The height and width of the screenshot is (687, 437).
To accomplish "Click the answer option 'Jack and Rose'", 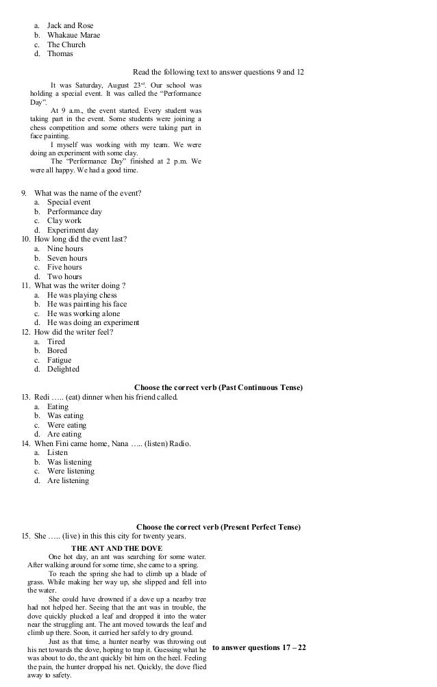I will click(70, 25).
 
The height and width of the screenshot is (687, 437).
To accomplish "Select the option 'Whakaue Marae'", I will click(73, 35).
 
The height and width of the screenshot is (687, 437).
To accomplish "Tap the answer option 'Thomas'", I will click(60, 53).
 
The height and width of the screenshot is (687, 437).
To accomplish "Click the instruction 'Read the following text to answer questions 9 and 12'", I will click(218, 72).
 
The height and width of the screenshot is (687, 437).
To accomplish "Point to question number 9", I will click(26, 194).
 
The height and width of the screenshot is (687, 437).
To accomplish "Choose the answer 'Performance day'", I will click(74, 212).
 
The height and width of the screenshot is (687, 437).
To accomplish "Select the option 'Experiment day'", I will click(73, 231).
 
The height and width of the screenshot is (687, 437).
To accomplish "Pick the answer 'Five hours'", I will click(64, 268).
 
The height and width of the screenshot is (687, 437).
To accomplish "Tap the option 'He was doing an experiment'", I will click(93, 323).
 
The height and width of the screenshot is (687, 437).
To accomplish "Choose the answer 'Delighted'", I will click(63, 370).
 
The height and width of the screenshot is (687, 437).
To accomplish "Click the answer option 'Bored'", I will click(57, 351).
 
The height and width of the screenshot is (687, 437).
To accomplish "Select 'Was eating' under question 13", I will click(65, 416).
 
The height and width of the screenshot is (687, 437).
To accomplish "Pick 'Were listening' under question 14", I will click(71, 471).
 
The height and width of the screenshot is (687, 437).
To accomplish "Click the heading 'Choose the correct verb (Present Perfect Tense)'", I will click(218, 527).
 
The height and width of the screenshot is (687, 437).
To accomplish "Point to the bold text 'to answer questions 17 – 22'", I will click(259, 647).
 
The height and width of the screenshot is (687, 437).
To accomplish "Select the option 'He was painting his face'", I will click(87, 304).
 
